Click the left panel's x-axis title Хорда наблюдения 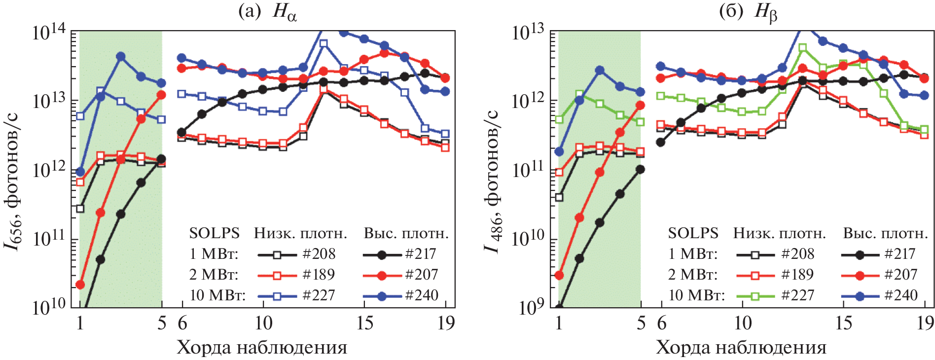tap(262, 348)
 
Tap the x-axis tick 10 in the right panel tap(743, 324)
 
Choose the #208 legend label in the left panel tap(319, 254)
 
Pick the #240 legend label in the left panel tap(422, 295)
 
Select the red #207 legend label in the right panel tap(900, 275)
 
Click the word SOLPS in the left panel tap(215, 233)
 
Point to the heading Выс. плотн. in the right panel tap(886, 233)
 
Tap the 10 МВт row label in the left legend tap(217, 295)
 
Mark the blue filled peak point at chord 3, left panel tap(120, 56)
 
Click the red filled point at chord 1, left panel tap(80, 285)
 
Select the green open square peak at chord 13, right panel tap(802, 48)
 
